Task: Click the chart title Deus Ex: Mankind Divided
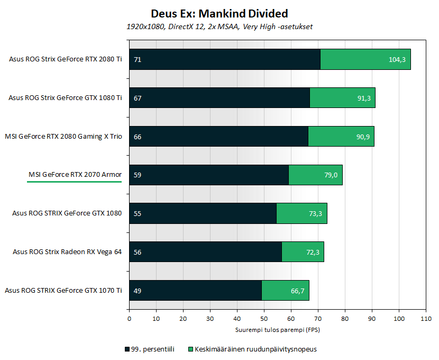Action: [x=219, y=13]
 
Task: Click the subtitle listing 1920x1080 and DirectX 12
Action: [x=219, y=26]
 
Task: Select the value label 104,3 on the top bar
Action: [x=397, y=59]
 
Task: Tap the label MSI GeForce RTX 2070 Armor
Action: [x=75, y=175]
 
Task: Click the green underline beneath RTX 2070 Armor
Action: [x=75, y=181]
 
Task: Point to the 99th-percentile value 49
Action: [x=138, y=290]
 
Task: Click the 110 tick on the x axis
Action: [x=425, y=319]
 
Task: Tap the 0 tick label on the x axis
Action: [x=129, y=319]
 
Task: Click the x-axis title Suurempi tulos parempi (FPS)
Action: [x=278, y=330]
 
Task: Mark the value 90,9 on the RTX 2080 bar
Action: [x=363, y=137]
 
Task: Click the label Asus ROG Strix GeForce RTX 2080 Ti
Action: [x=66, y=59]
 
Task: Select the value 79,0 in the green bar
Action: [x=331, y=175]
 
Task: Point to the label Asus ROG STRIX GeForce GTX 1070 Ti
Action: [x=63, y=290]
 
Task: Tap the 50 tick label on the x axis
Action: [x=264, y=319]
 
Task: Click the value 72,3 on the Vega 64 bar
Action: [x=313, y=251]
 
